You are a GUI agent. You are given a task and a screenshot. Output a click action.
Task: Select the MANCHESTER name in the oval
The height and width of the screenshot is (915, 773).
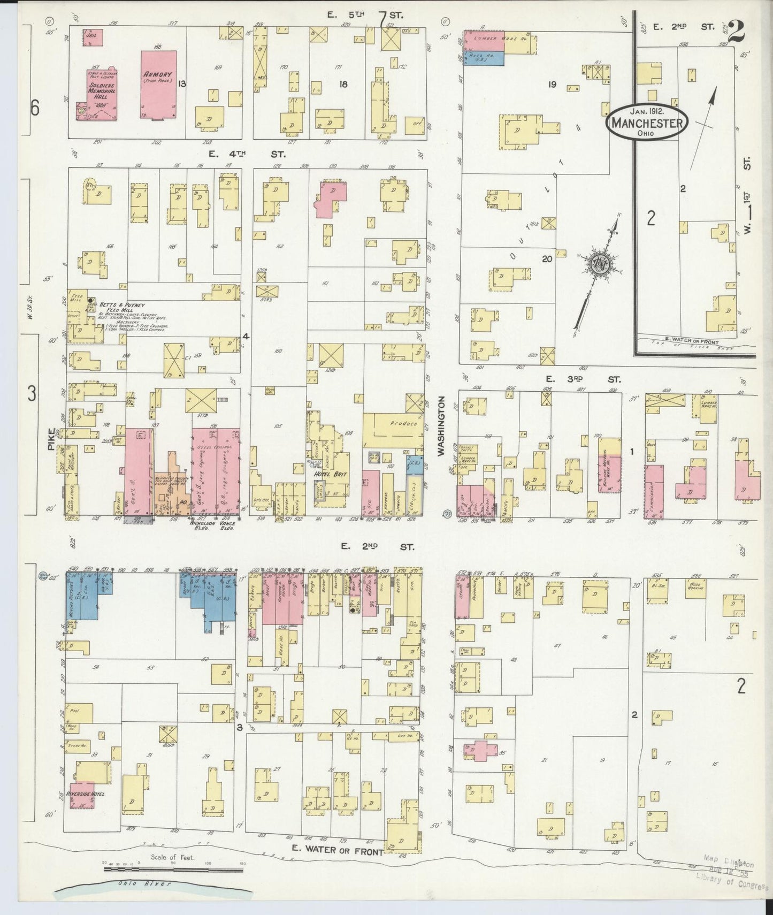pyautogui.click(x=647, y=123)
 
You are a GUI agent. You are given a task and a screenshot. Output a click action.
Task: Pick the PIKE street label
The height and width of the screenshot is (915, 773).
pyautogui.click(x=52, y=438)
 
